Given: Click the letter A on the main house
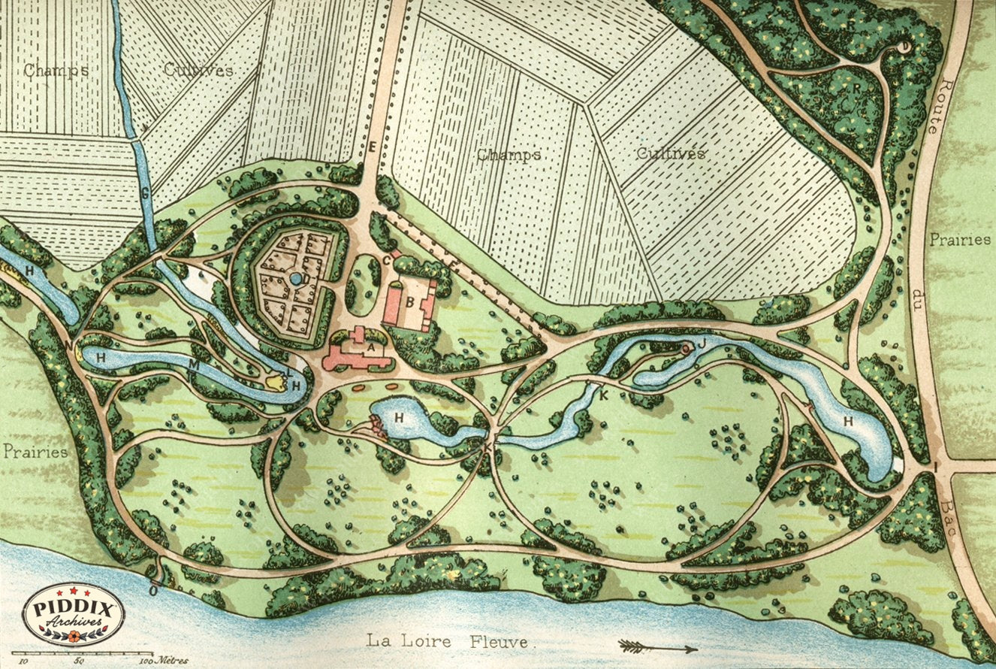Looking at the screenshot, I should coord(369,347).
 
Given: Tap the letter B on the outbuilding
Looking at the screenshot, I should coord(410,303).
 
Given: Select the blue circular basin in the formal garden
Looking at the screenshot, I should coord(296,279).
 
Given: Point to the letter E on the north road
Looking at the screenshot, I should coord(372,147).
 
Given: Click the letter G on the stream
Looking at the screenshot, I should coord(146,193).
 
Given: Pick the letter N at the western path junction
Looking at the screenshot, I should coord(69,345).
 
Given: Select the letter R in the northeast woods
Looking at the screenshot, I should coord(856,87).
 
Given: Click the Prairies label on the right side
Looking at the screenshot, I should coord(960,240).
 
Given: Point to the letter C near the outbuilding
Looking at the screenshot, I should coord(387,260).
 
